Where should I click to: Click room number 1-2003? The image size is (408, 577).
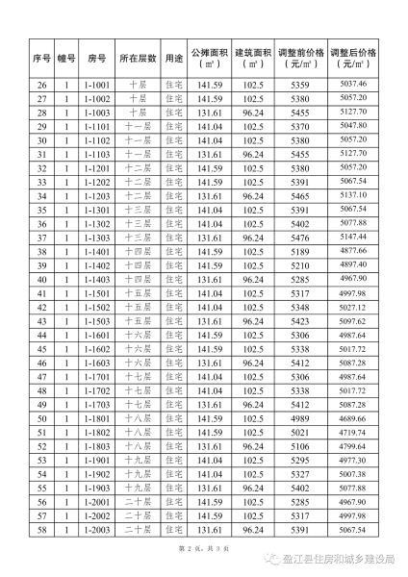[93, 530]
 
